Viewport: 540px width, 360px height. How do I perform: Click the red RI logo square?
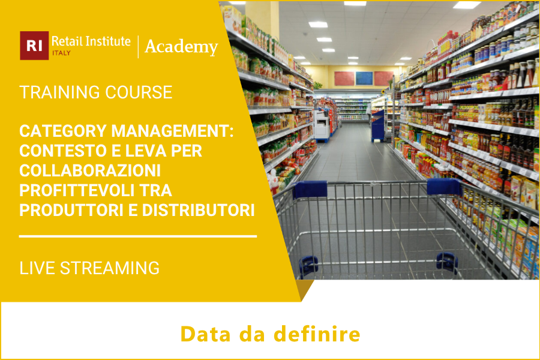pos(34,46)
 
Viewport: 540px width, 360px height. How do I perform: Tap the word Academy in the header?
pos(181,47)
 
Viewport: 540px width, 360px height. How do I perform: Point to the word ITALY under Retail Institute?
pos(61,53)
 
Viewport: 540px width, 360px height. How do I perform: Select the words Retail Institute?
pos(91,41)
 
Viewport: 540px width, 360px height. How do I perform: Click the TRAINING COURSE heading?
pos(96,92)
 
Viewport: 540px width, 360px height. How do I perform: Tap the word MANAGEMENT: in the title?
pos(162,131)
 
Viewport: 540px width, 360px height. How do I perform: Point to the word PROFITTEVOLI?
pos(79,191)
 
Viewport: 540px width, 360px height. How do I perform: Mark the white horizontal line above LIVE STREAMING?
pos(138,236)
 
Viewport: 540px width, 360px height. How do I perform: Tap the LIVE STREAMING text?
pos(89,268)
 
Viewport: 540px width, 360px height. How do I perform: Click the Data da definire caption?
pos(270,334)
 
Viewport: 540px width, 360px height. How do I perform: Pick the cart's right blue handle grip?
pos(443,186)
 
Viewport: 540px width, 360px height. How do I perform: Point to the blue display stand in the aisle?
pos(377,125)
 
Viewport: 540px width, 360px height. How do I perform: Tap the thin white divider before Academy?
pos(138,47)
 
